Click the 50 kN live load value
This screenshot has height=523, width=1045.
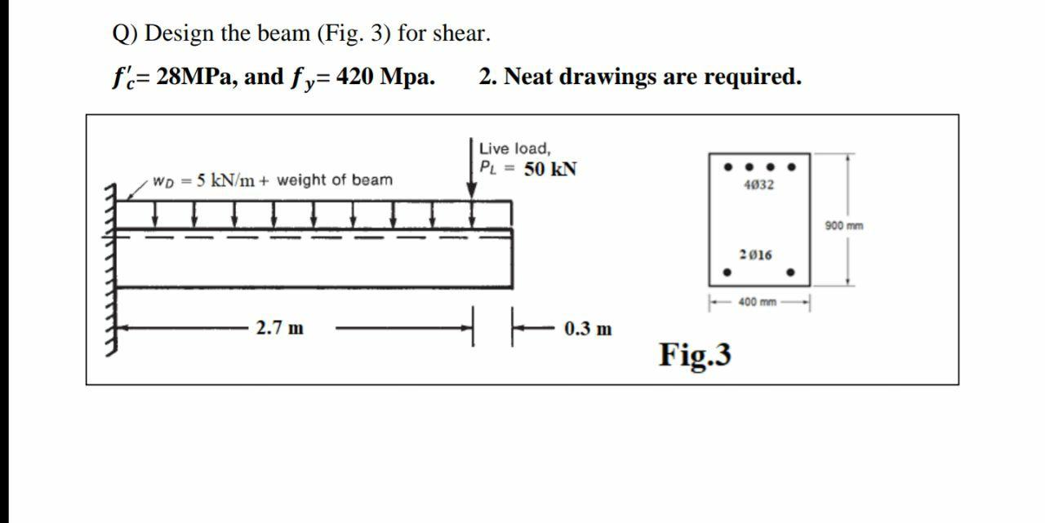[550, 170]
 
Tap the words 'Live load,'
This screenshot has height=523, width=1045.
[514, 148]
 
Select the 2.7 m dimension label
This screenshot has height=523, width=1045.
[279, 329]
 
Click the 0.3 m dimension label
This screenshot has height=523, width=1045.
[588, 330]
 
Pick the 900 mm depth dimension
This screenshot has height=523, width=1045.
[843, 226]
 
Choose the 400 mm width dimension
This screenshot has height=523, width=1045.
[757, 303]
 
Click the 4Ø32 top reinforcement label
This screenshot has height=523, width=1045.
[759, 185]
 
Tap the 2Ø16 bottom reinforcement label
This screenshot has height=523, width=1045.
[755, 255]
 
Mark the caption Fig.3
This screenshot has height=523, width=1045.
[695, 355]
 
